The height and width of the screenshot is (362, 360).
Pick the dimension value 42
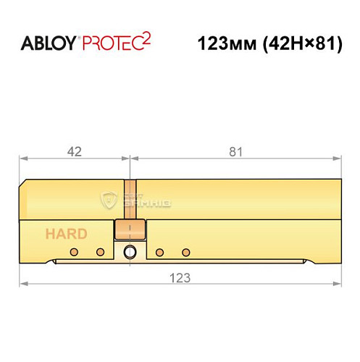[x=73, y=151]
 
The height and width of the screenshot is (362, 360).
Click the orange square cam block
[x=130, y=230]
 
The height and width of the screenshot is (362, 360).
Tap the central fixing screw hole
[x=130, y=252]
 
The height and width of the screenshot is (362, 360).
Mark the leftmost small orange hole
[x=73, y=252]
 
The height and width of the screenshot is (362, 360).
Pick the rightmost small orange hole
[x=186, y=252]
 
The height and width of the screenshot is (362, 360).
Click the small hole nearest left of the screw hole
[x=101, y=252]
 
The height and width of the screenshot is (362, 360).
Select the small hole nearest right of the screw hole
[x=159, y=252]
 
